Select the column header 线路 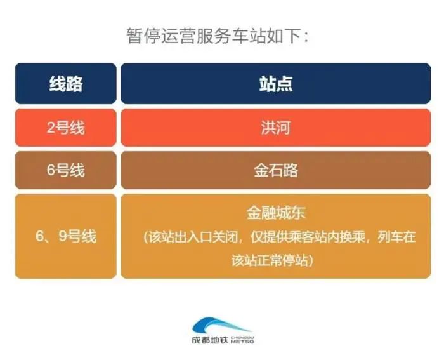(x=66, y=84)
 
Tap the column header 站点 (x=276, y=84)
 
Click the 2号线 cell (x=66, y=128)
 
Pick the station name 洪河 (x=276, y=128)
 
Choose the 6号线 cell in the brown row (x=66, y=170)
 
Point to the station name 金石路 (x=276, y=170)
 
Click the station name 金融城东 (x=276, y=213)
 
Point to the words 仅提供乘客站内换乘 (x=289, y=237)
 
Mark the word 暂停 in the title (x=138, y=36)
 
